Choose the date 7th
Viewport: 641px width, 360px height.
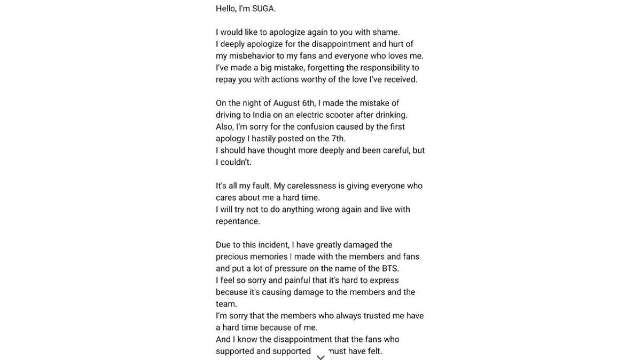coord(337,139)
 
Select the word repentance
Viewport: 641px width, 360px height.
coord(238,221)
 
